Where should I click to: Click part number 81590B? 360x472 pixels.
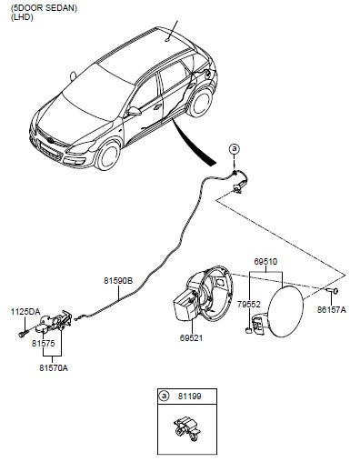click(x=118, y=281)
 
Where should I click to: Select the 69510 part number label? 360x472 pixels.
click(x=265, y=262)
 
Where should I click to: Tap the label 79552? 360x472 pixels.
click(x=249, y=305)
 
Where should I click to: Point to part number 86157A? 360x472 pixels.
click(x=332, y=309)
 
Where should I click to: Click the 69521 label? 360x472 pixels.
click(x=191, y=337)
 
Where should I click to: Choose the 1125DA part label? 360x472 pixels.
click(x=25, y=312)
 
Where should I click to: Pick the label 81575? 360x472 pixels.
click(x=44, y=344)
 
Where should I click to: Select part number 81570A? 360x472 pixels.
click(x=54, y=368)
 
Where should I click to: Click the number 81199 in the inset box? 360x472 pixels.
click(x=189, y=397)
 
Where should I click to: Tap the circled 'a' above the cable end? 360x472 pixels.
click(x=235, y=149)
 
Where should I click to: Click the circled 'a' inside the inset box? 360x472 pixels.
click(x=164, y=397)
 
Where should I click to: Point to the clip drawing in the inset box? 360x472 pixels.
click(x=186, y=427)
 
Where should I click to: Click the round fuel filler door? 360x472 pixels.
click(x=285, y=312)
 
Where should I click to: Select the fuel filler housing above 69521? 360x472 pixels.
click(x=203, y=294)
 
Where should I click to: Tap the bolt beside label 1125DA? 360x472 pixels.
click(x=24, y=334)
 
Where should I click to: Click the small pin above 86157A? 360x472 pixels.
click(x=332, y=291)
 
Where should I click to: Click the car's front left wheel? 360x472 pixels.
click(x=107, y=156)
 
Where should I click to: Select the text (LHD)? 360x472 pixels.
click(x=22, y=17)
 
